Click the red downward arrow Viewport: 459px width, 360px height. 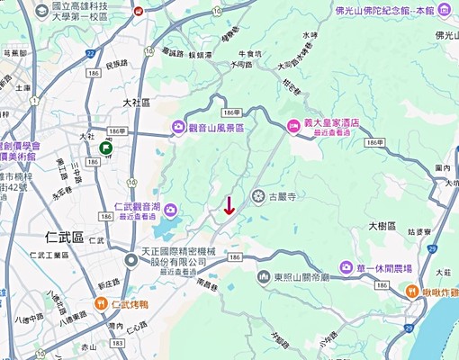coord(229,204)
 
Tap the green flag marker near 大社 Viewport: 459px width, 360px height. coord(106,148)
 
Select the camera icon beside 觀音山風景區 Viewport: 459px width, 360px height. coord(178,129)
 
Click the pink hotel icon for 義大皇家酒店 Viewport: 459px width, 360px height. coord(293,127)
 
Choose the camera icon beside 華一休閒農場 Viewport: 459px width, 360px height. coord(346,267)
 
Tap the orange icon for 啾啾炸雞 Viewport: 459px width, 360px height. coord(410,291)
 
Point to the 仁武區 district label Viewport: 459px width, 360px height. coord(64,237)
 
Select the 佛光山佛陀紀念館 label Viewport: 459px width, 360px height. coord(384,11)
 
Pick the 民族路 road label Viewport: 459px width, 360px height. coord(117,64)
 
